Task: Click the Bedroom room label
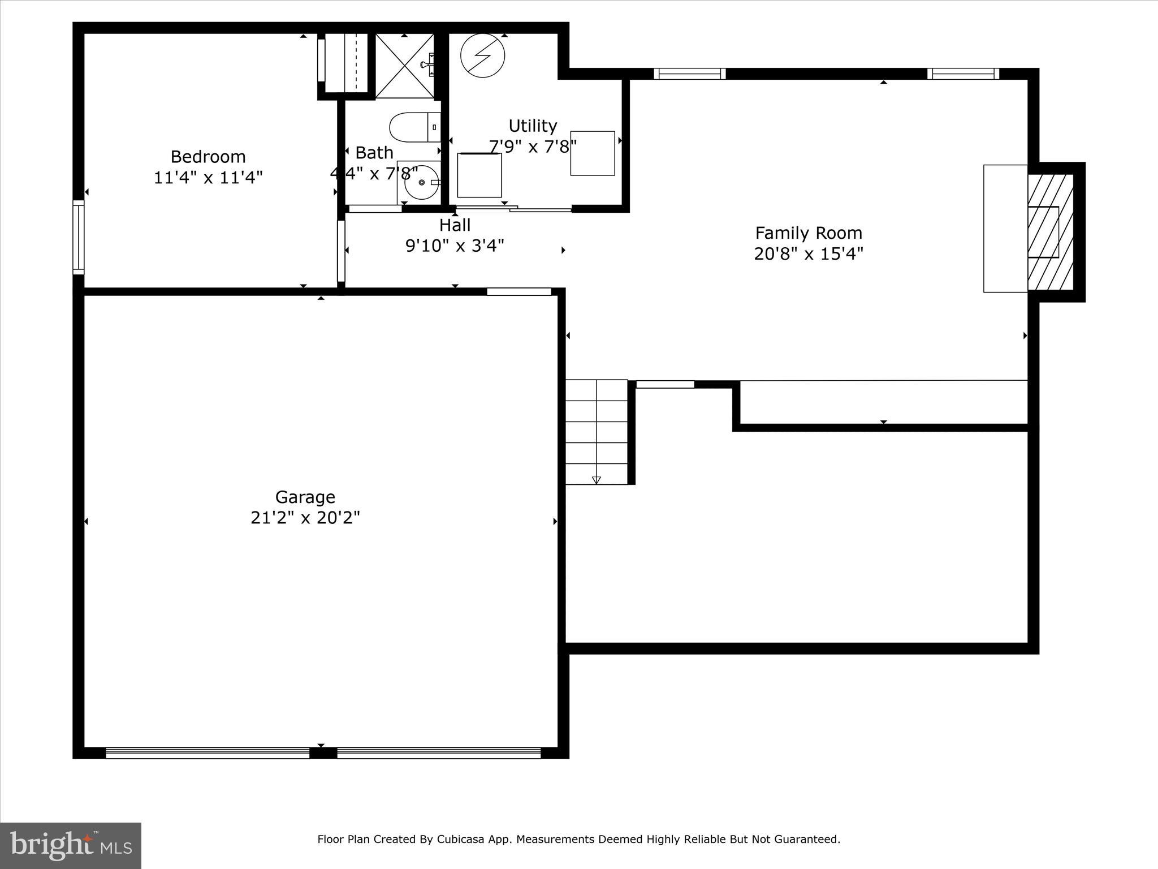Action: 208,157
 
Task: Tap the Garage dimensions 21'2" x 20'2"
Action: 305,518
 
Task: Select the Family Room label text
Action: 809,233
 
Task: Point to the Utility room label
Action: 533,126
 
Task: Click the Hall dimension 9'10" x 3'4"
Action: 455,246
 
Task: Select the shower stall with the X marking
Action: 404,66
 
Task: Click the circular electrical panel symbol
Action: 482,55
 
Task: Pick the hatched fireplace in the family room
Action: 1050,232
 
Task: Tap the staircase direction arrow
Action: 596,480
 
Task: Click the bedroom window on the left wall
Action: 79,237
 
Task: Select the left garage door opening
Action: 208,752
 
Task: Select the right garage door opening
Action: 439,752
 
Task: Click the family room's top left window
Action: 689,74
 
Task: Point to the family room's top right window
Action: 963,74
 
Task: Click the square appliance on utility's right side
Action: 592,153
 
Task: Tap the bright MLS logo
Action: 71,845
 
